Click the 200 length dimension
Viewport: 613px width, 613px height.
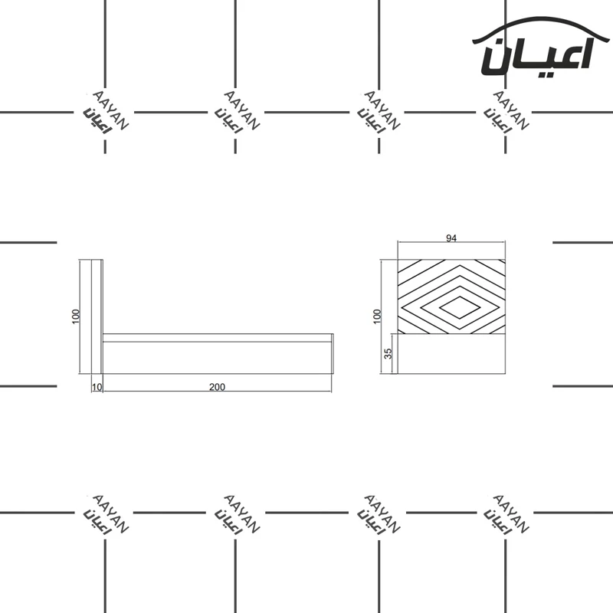pos(217,387)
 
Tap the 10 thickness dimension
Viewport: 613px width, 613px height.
pos(97,387)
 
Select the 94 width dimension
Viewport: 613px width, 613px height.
pos(451,238)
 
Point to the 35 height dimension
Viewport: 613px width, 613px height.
pos(388,353)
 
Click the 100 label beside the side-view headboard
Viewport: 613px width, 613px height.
pos(76,316)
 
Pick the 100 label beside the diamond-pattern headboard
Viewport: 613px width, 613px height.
pos(377,316)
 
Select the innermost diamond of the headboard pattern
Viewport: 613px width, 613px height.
pos(461,307)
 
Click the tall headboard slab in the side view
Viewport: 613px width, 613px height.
pos(97,316)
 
